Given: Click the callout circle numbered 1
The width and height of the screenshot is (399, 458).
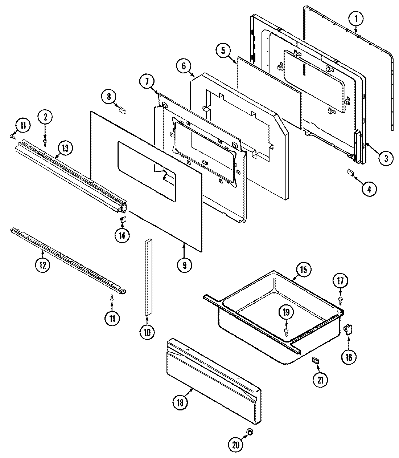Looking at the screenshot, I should [x=356, y=18].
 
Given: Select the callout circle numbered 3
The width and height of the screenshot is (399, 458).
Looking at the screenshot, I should [x=386, y=158].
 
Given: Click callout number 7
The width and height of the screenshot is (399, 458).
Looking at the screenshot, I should [x=147, y=82].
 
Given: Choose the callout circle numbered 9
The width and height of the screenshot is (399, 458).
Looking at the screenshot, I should [x=184, y=265].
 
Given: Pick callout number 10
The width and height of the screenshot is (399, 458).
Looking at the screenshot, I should [x=147, y=332].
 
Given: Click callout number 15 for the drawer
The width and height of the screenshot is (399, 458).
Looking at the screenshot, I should [x=303, y=270].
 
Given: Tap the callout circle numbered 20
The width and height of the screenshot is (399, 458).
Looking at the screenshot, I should [x=235, y=445].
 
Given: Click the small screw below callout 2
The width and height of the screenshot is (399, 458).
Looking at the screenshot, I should [x=45, y=143].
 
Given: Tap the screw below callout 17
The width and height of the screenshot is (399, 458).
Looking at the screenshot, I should [x=341, y=300].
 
